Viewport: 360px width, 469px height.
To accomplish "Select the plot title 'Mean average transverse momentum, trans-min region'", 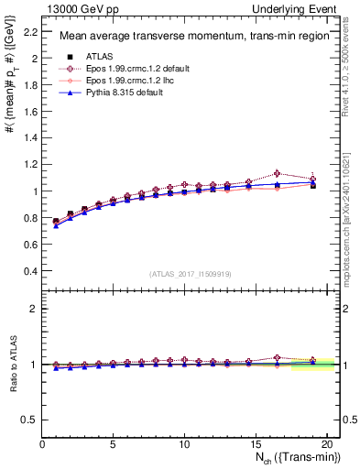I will [189, 37].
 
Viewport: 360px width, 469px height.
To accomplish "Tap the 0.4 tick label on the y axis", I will [29, 272].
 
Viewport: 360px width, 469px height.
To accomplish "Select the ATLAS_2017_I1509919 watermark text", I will [189, 274].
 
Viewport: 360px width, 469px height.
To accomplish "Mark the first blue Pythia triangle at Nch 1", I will [56, 225].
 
